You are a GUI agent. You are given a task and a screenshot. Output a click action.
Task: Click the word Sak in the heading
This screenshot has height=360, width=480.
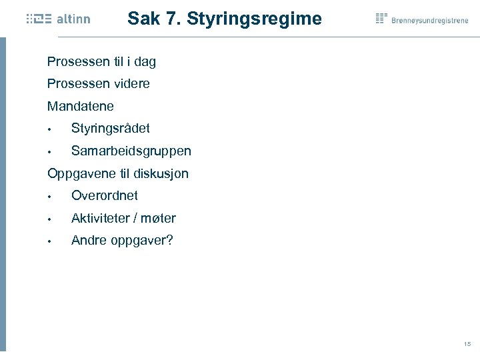click(x=143, y=19)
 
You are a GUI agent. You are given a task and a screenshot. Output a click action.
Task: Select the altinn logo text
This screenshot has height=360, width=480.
click(x=73, y=19)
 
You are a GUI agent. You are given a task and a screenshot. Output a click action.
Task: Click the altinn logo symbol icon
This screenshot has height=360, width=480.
click(x=39, y=19)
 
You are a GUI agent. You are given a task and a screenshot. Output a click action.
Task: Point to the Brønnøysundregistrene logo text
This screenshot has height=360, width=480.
click(x=430, y=21)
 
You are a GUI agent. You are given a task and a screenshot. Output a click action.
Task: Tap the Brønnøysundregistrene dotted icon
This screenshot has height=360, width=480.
click(x=381, y=18)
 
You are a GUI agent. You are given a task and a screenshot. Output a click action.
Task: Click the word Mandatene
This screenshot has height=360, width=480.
click(x=81, y=106)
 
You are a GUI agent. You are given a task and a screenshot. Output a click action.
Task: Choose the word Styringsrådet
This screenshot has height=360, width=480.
click(x=111, y=128)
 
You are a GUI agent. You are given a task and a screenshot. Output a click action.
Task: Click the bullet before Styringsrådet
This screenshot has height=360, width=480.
click(x=49, y=129)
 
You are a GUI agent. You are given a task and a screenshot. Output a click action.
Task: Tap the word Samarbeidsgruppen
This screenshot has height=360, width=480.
click(x=131, y=151)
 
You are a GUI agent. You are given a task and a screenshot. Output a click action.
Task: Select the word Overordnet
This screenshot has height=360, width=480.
click(x=105, y=195)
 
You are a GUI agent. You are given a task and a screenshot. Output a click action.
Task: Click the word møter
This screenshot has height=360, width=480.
click(x=159, y=218)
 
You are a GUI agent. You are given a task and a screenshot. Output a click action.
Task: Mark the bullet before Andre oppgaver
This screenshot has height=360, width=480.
click(x=49, y=241)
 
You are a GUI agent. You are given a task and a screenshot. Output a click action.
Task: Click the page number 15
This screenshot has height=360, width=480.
click(x=467, y=344)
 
